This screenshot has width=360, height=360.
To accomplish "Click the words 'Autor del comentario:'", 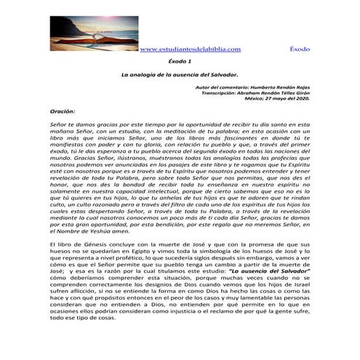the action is pyautogui.click(x=223, y=87).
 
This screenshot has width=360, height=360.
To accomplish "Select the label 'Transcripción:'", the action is pyautogui.click(x=220, y=92).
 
